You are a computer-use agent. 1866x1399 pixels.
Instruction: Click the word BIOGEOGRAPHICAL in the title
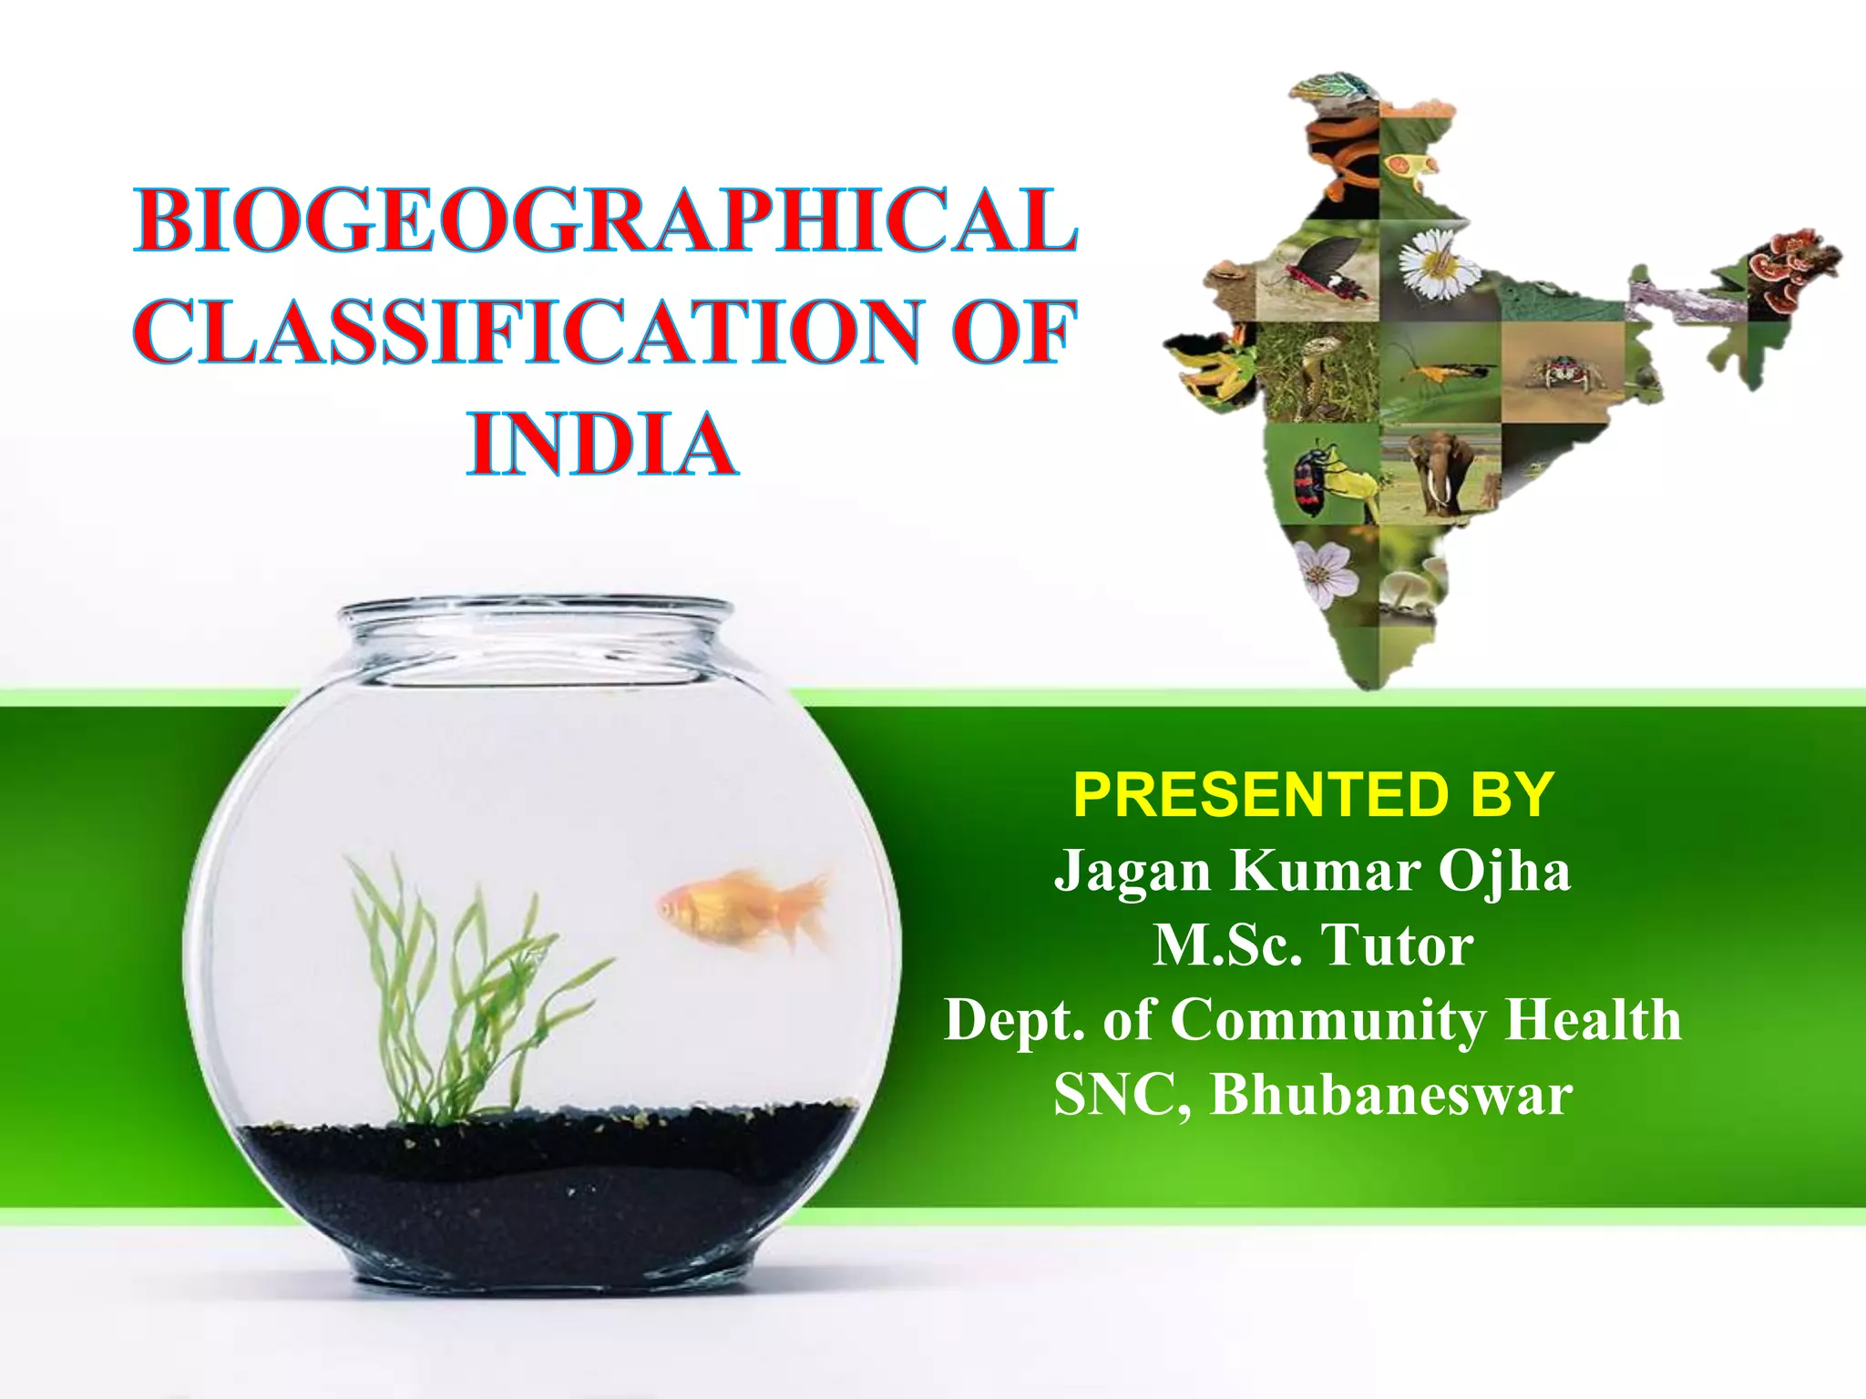(606, 221)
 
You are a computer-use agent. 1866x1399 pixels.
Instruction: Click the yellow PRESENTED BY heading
(1313, 794)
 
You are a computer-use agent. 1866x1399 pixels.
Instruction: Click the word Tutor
(1396, 945)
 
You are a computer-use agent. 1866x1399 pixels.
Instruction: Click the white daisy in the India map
(1435, 263)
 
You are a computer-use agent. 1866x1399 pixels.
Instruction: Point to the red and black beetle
(1312, 479)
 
